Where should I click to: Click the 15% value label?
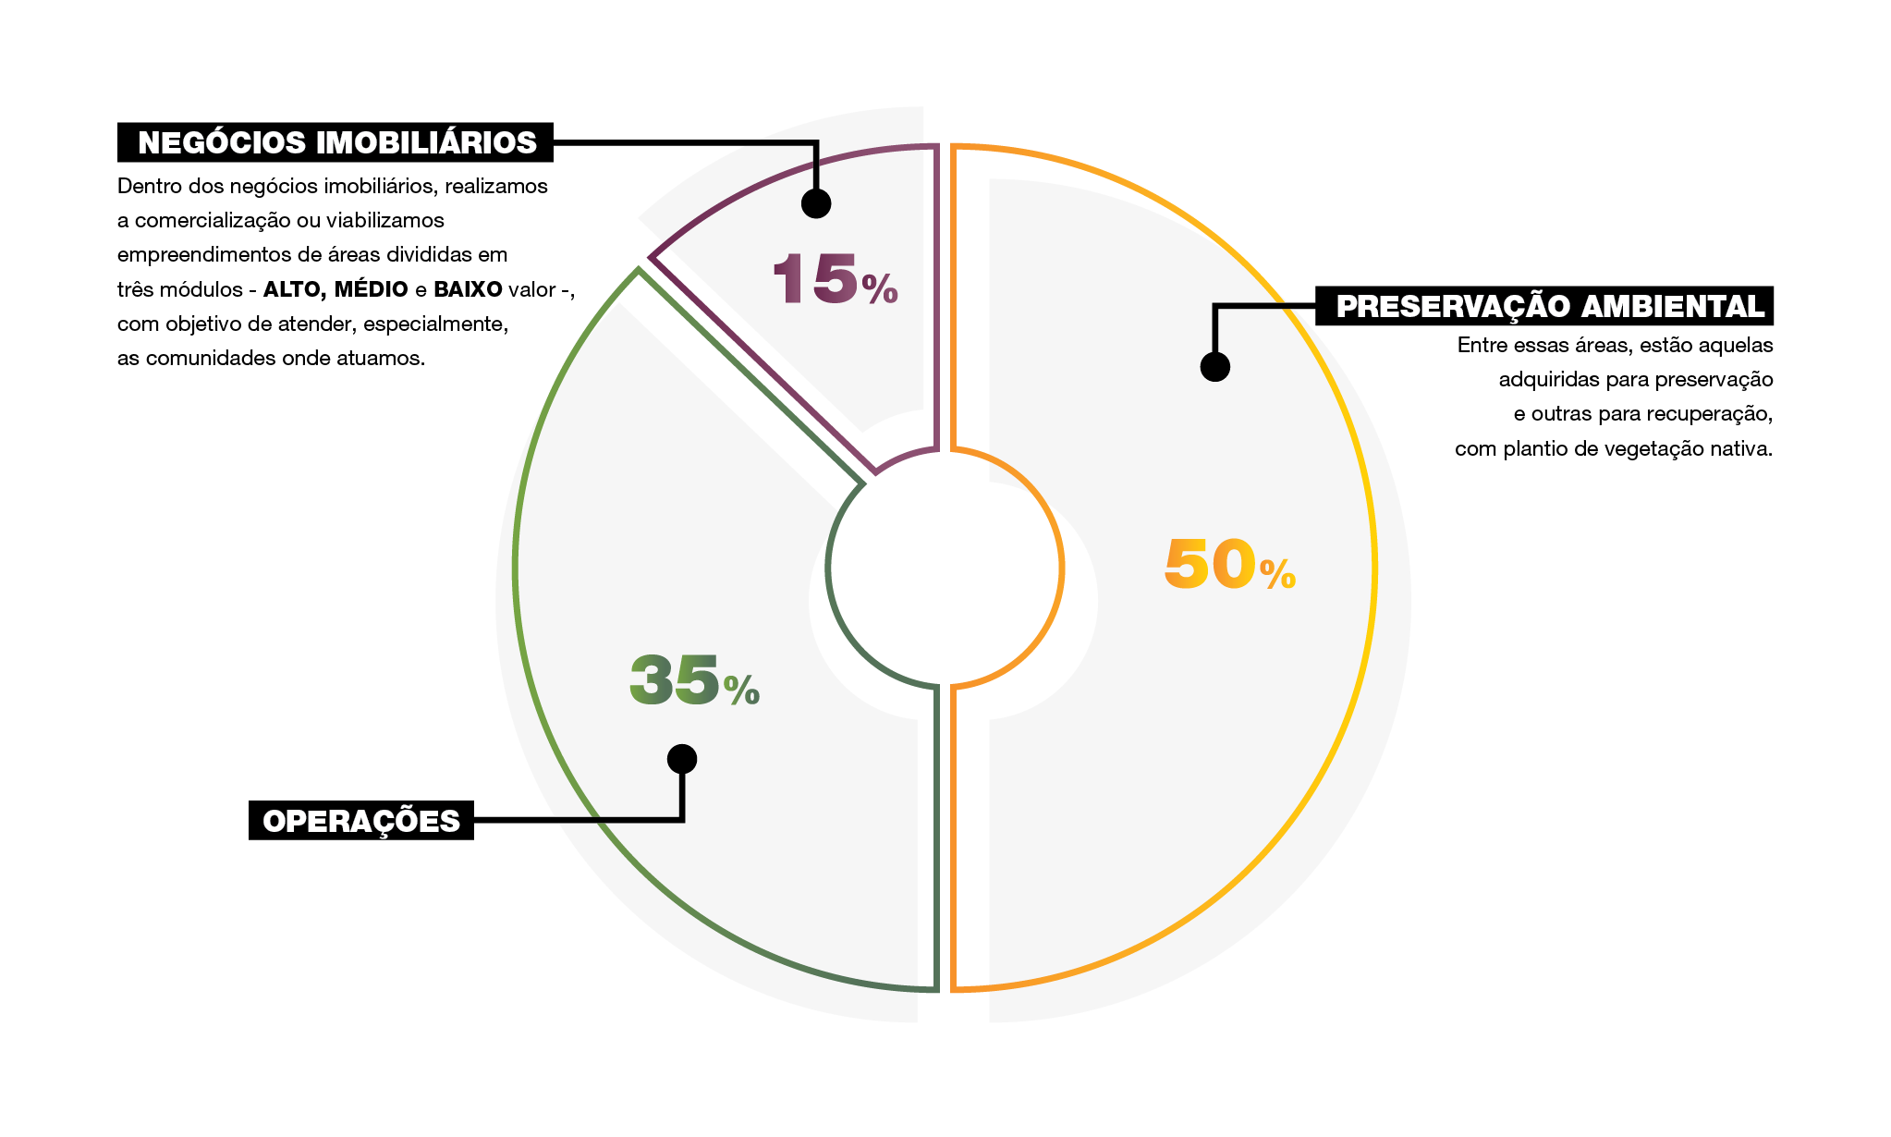coord(834,278)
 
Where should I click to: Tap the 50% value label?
coord(1229,564)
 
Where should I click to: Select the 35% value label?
coord(693,680)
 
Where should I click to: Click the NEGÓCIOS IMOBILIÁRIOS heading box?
coord(335,142)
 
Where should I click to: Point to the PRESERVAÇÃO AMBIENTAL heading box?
coord(1544,306)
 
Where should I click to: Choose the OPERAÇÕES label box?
coord(361,821)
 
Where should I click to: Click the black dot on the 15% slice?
coord(816,203)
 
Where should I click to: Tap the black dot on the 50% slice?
coord(1214,367)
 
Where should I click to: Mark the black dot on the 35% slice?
coord(682,759)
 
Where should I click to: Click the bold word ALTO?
coord(294,289)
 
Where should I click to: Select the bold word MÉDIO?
coord(371,289)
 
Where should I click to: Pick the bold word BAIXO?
coord(468,289)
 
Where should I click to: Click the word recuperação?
coord(1721,414)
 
